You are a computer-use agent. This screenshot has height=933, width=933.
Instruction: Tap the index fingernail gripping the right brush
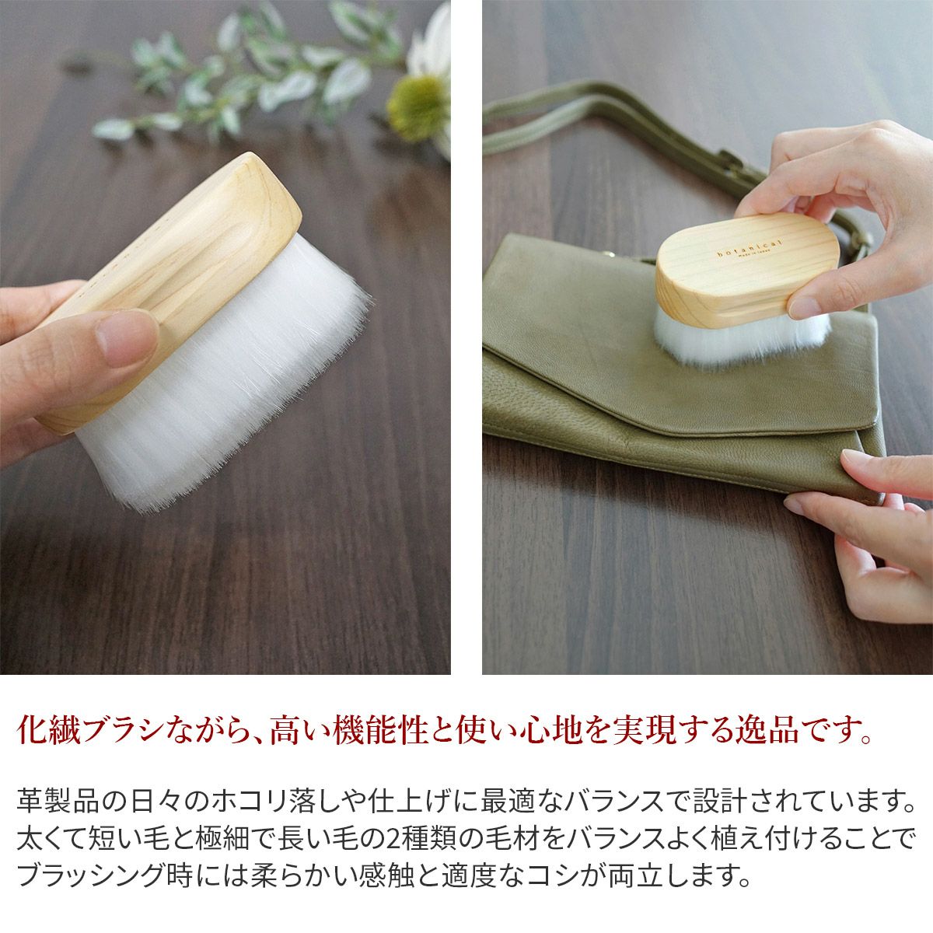[x=804, y=306]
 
